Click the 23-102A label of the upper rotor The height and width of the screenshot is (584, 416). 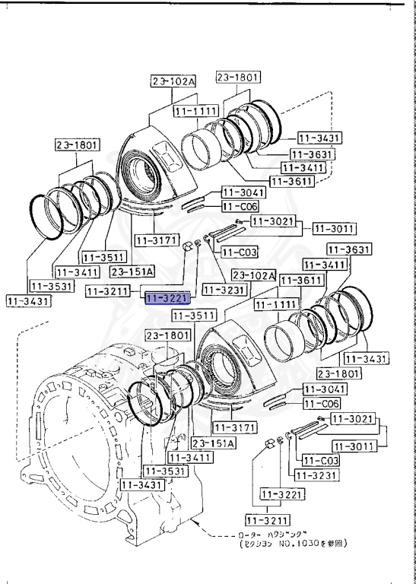(173, 81)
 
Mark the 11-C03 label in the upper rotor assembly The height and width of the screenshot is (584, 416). (240, 252)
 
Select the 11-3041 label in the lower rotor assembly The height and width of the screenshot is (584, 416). (325, 389)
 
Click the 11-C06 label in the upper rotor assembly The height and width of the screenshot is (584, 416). (240, 206)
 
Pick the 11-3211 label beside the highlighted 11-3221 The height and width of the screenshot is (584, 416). (110, 290)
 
